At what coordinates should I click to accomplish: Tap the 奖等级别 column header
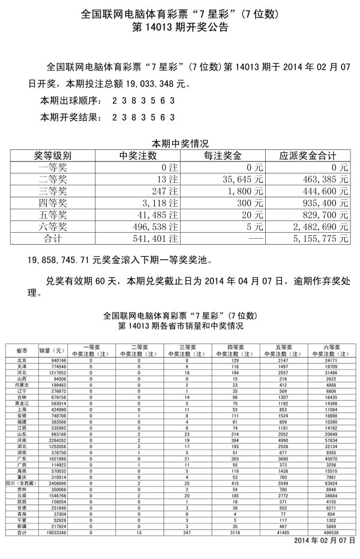coord(52,155)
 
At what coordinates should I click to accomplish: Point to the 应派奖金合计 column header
coord(308,155)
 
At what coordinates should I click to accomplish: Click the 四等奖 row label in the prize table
coord(52,203)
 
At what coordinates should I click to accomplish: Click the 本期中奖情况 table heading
coord(179,143)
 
